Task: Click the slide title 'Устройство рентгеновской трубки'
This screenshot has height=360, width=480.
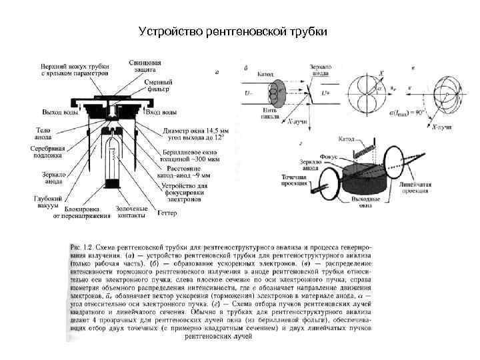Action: pyautogui.click(x=233, y=32)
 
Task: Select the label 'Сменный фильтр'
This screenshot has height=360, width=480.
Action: pyautogui.click(x=157, y=85)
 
